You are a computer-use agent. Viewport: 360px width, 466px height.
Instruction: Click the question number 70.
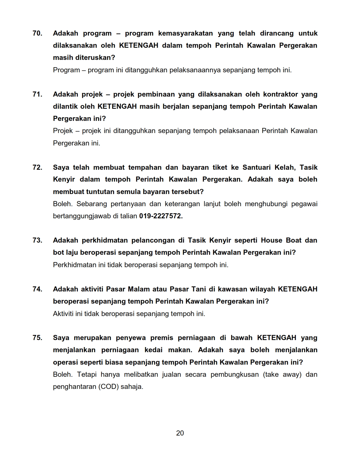tap(37, 33)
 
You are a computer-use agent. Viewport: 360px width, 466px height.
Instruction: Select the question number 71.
tap(37, 94)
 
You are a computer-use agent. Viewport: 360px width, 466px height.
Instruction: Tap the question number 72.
tap(37, 167)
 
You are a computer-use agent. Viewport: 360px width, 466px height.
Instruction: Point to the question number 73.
tap(37, 240)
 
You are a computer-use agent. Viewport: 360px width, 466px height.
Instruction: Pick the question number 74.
tap(37, 289)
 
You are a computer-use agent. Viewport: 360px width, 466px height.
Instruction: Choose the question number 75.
tap(37, 338)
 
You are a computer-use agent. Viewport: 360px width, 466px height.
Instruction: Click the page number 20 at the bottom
tap(180, 433)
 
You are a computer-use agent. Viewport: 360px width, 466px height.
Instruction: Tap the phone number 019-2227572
tap(161, 216)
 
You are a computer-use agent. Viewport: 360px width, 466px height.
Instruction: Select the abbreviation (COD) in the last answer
tap(108, 387)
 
